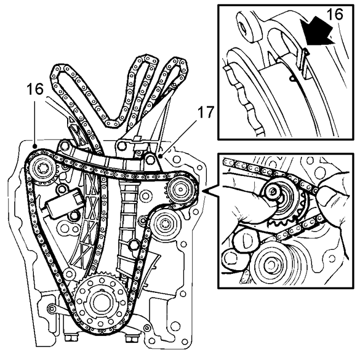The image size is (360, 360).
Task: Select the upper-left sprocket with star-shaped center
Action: pos(46,170)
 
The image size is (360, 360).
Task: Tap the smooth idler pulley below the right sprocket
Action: pos(164,227)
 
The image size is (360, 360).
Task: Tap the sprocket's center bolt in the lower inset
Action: pos(273,194)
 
